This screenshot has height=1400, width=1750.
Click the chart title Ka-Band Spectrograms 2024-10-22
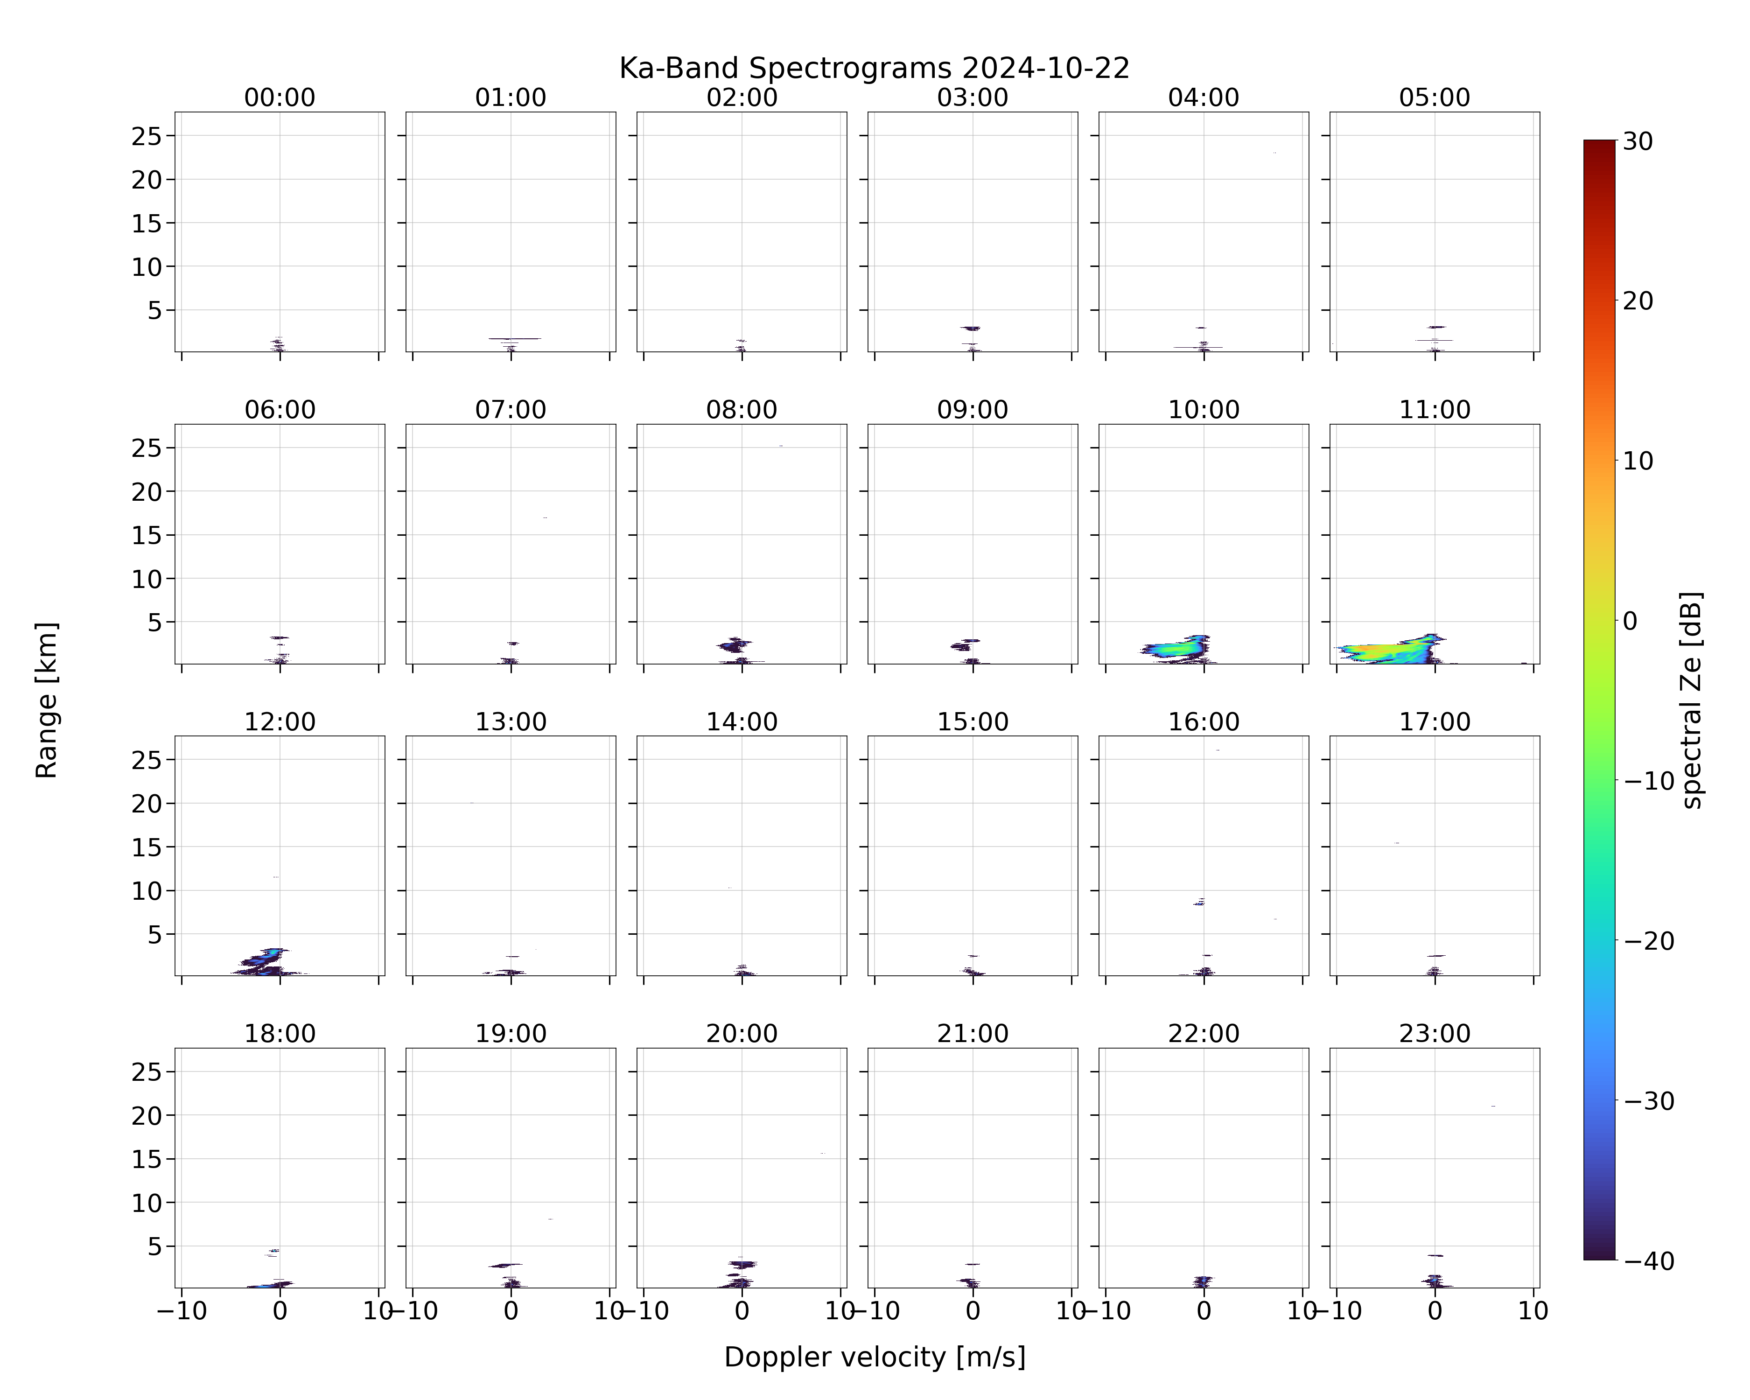[874, 68]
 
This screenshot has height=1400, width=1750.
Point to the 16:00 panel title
[1204, 721]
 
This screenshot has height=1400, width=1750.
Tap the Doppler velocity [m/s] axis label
[874, 1356]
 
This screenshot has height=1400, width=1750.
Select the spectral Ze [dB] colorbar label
[1692, 700]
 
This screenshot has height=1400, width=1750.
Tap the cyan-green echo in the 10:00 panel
[1173, 649]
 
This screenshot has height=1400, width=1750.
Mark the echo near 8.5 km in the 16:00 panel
[1199, 902]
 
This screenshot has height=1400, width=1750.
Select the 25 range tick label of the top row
[147, 136]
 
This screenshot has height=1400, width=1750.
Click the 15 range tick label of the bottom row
[147, 1159]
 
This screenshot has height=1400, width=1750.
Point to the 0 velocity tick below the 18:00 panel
[280, 1311]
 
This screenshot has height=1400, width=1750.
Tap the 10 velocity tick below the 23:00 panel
[1533, 1311]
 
